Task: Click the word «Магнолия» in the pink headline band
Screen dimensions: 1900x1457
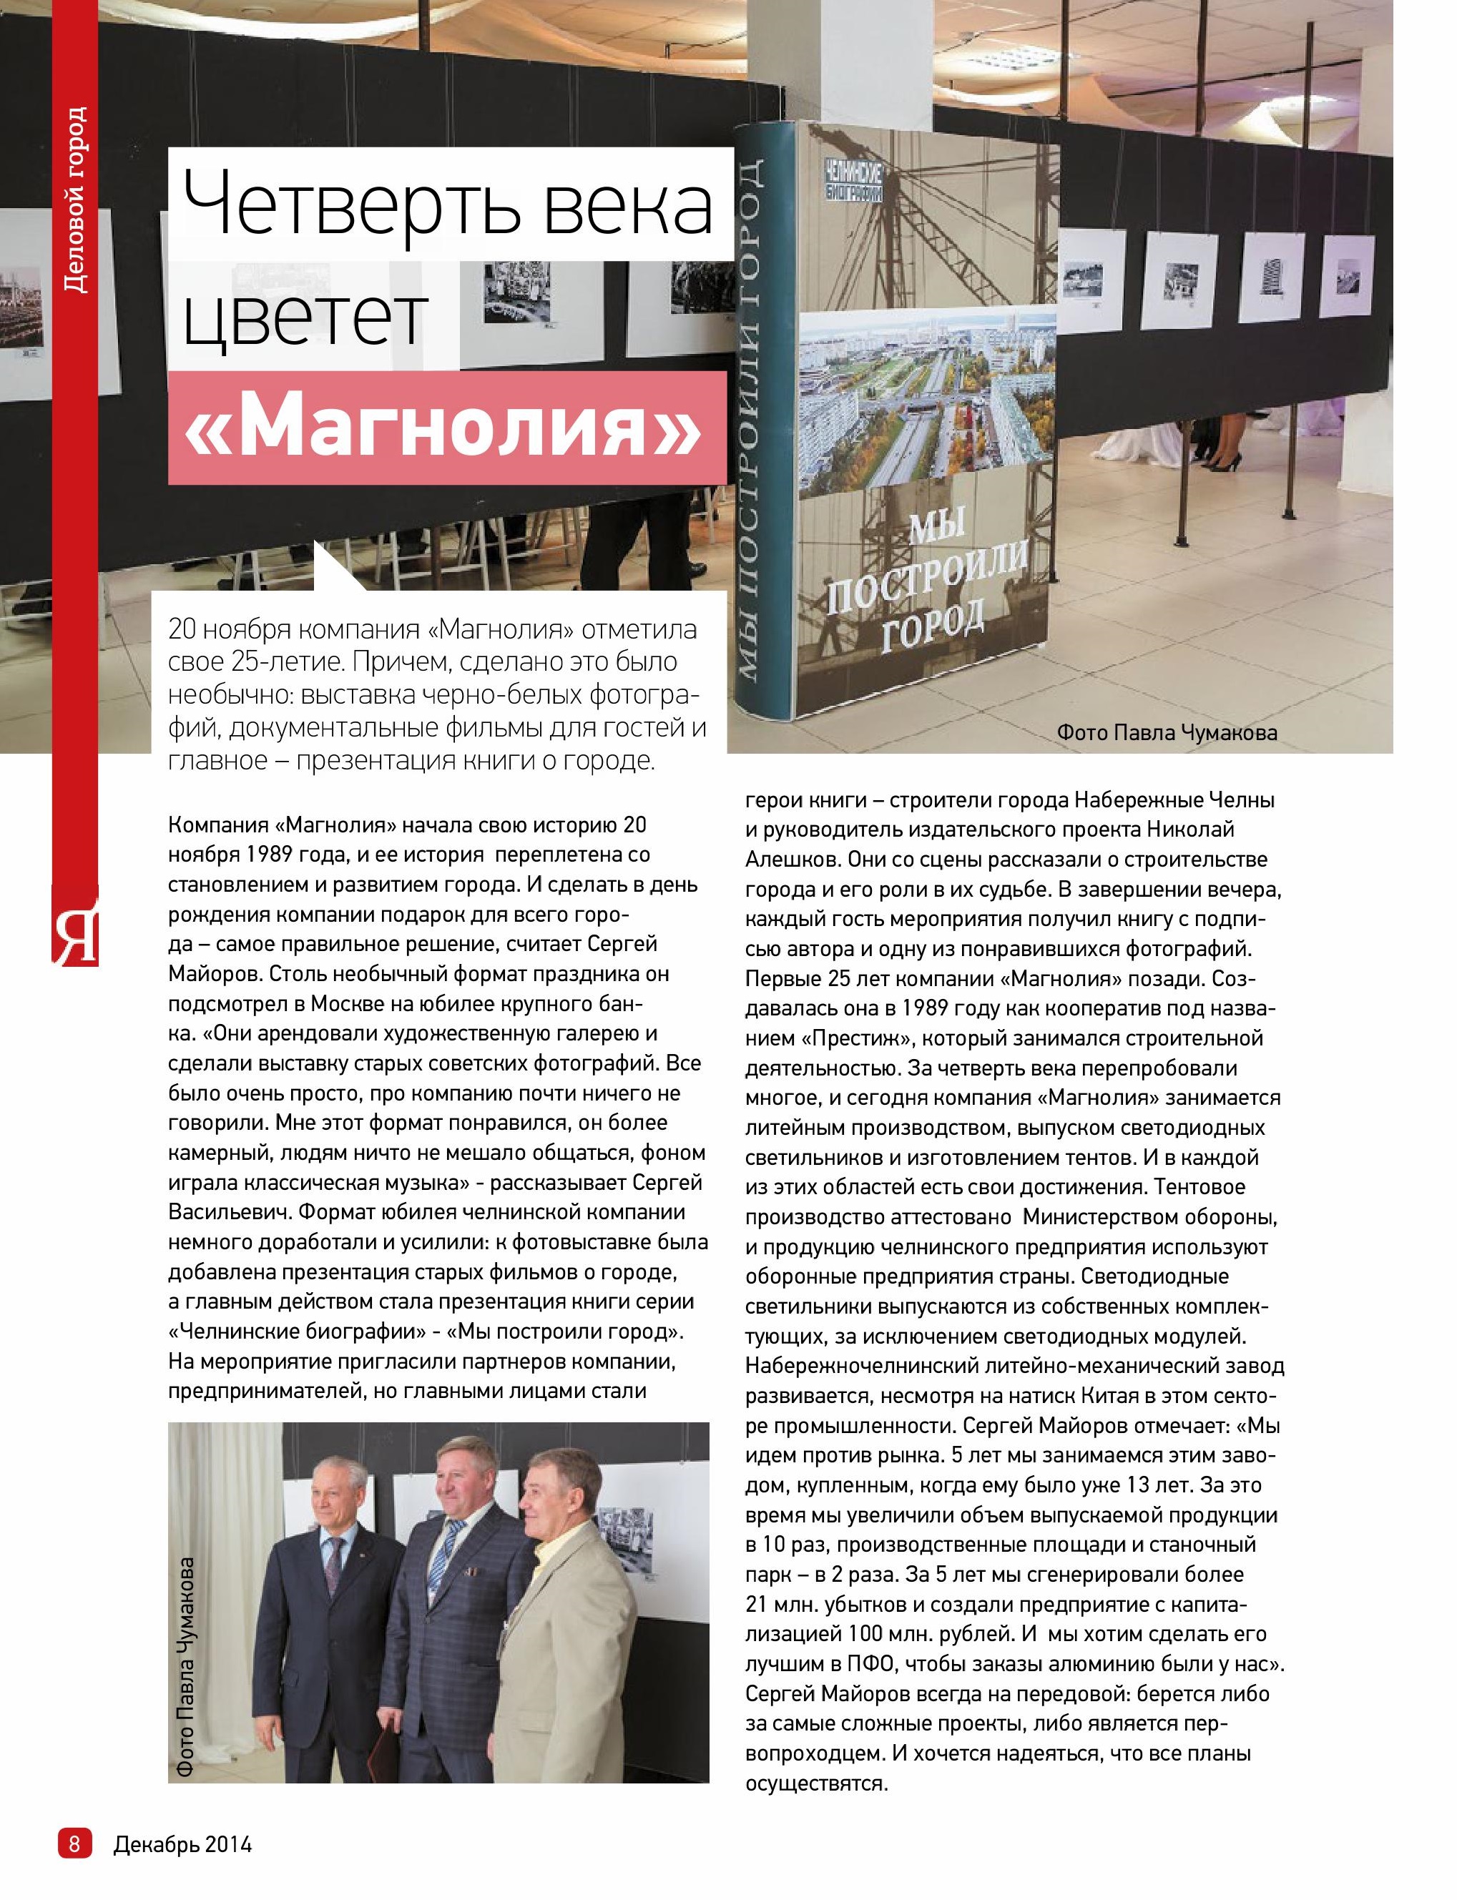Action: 444,428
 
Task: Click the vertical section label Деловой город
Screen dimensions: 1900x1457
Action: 77,200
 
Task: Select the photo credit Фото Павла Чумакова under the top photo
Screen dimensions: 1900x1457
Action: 1167,733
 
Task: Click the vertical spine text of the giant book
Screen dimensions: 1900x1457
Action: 752,416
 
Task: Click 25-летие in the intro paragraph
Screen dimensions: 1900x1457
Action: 274,662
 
